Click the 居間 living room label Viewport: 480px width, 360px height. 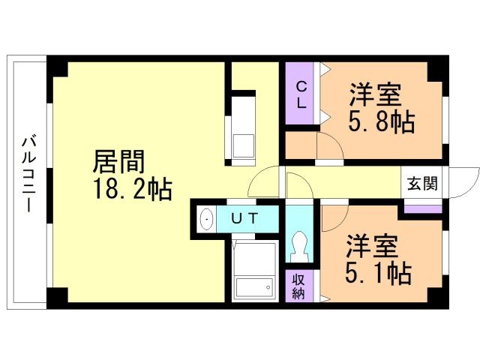[x=118, y=161]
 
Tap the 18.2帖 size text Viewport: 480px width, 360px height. [x=132, y=189]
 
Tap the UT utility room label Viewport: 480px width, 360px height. [x=244, y=219]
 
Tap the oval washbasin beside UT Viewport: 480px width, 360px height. [x=207, y=220]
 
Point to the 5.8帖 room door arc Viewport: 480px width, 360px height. [x=330, y=148]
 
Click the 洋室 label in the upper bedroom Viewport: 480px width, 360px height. [x=376, y=95]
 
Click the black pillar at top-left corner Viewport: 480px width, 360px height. [x=58, y=68]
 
